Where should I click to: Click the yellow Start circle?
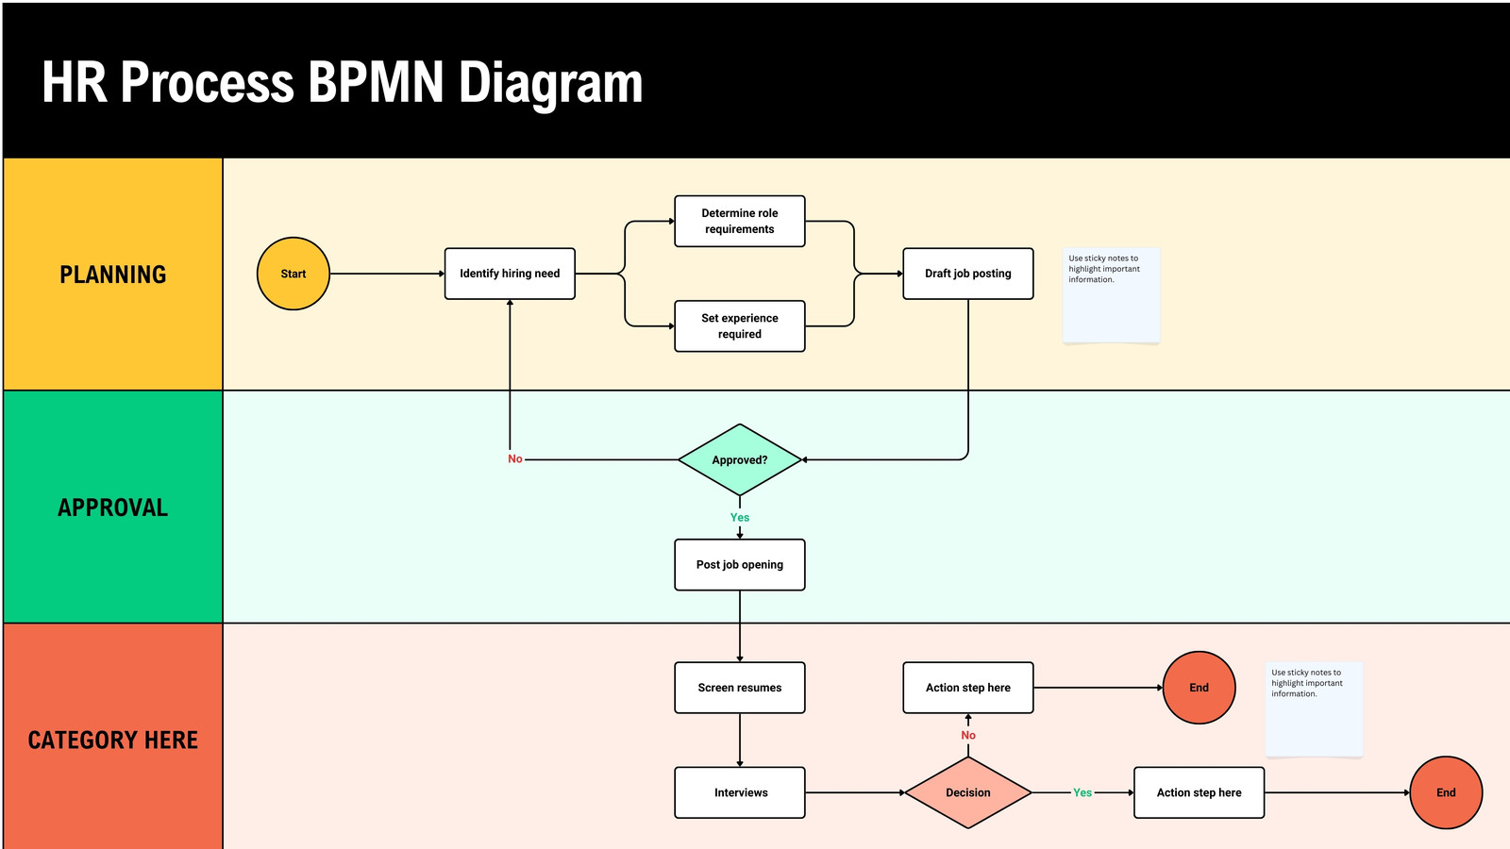[x=294, y=274]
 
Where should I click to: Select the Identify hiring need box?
[x=510, y=274]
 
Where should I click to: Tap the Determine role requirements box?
[x=740, y=221]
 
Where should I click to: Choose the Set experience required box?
[x=740, y=326]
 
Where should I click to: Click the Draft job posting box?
[x=968, y=274]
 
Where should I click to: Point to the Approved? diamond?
[x=740, y=459]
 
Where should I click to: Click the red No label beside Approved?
[x=515, y=458]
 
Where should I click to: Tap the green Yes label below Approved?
[x=740, y=518]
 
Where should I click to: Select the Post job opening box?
[x=740, y=565]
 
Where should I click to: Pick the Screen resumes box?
[x=740, y=688]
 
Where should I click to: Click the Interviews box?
[x=740, y=792]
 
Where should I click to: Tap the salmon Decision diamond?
[x=968, y=792]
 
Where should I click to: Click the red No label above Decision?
[x=968, y=735]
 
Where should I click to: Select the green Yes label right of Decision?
[x=1082, y=792]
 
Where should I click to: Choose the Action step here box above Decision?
[x=968, y=688]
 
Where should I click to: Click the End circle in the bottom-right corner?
[x=1446, y=792]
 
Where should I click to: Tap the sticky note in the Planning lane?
[x=1111, y=296]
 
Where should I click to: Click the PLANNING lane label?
[x=112, y=275]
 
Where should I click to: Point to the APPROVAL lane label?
[x=112, y=508]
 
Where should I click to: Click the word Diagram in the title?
[x=551, y=84]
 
